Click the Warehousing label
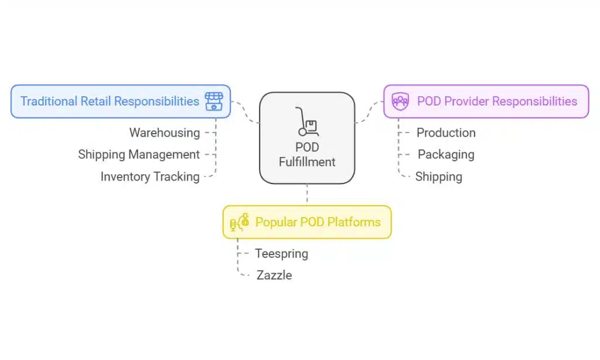tap(164, 133)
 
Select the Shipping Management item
tap(139, 155)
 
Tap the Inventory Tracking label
tap(150, 176)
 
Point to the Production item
tap(446, 133)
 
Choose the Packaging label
tap(446, 155)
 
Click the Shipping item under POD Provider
tap(439, 176)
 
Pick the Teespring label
tap(281, 254)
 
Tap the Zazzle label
tap(274, 275)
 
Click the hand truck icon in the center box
tap(307, 121)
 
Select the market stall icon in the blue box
tap(213, 101)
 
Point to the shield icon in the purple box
tap(401, 101)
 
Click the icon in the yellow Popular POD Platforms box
tap(240, 222)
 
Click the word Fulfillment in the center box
tap(307, 162)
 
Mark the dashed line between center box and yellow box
tap(307, 194)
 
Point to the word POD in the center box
tap(307, 148)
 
